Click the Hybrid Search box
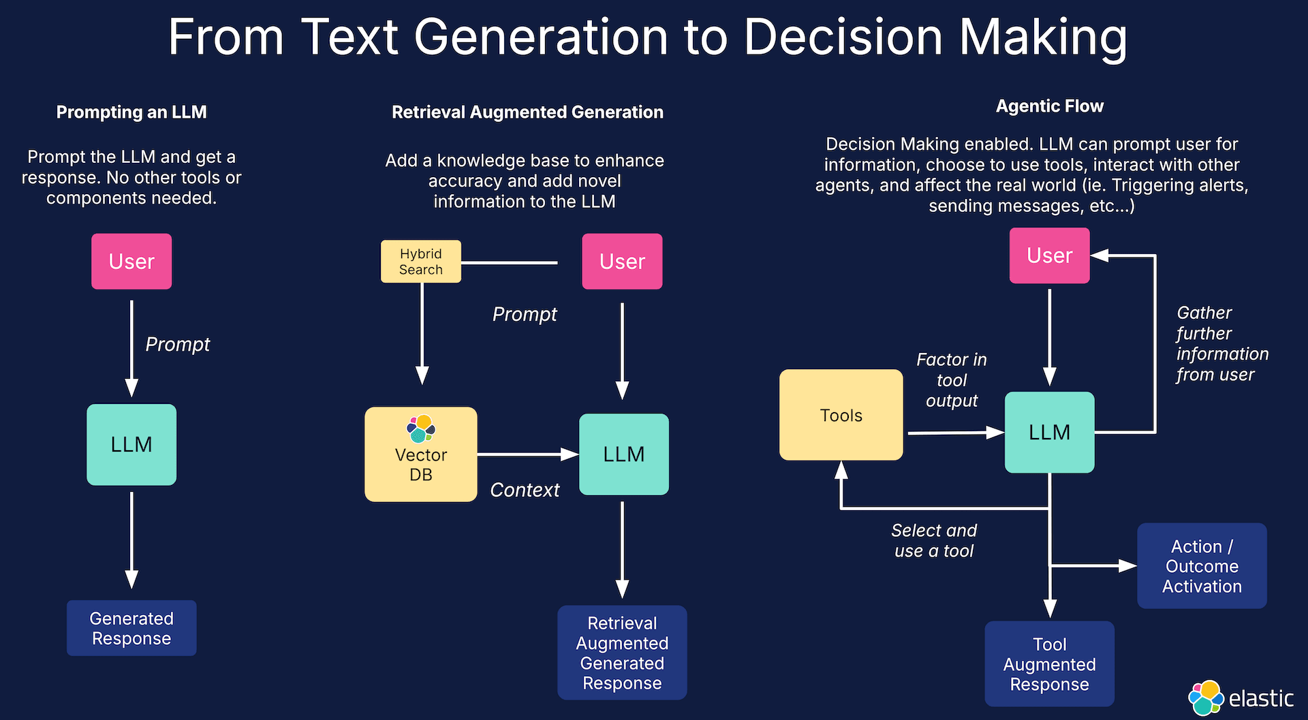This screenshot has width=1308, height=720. [x=420, y=262]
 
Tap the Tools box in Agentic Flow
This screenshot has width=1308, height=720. [x=841, y=415]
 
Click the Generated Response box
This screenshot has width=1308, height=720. [x=131, y=628]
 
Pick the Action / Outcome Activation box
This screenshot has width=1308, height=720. [x=1201, y=566]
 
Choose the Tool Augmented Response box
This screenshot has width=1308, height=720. [x=1049, y=663]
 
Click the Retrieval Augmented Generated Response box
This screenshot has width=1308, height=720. [x=621, y=653]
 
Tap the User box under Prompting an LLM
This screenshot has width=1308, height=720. [x=131, y=262]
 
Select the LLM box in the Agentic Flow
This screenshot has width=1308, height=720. [x=1049, y=432]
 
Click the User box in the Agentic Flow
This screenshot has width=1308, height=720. [x=1049, y=255]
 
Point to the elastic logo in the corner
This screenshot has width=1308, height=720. [x=1240, y=698]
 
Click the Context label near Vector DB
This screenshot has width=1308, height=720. [x=525, y=490]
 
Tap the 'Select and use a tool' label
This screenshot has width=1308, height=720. [x=934, y=540]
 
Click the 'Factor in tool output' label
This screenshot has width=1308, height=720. [x=951, y=380]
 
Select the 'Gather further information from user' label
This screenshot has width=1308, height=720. [x=1221, y=343]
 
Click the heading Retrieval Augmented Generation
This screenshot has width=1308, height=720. [x=527, y=112]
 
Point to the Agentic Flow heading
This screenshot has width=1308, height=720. [x=1049, y=106]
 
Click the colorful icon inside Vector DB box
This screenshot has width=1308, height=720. [x=420, y=428]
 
